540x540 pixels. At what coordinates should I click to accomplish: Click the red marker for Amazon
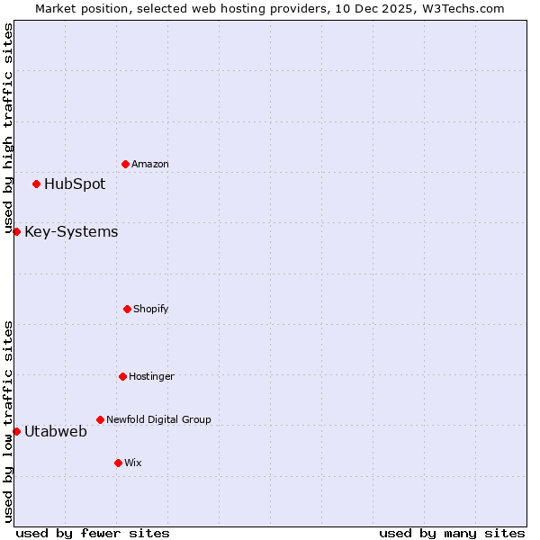(125, 164)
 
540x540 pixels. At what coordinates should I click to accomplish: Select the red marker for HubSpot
(36, 184)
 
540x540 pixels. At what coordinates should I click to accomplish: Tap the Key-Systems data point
(16, 231)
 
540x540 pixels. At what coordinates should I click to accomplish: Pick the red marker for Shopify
(127, 309)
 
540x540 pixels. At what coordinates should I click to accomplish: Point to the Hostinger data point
(122, 376)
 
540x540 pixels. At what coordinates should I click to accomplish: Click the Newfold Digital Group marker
(100, 419)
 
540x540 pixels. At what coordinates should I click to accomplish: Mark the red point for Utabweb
(16, 431)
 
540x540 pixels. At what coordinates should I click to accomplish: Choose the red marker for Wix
(118, 463)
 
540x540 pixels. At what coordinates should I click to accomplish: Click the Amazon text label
(150, 164)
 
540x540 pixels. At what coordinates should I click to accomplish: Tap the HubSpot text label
(75, 184)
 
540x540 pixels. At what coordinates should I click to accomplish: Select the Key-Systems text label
(71, 232)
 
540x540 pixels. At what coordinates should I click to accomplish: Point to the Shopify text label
(151, 309)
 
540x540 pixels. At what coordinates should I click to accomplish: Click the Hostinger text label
(151, 376)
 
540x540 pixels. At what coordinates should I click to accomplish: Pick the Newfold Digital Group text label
(158, 419)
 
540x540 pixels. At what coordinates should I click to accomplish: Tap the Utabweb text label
(56, 432)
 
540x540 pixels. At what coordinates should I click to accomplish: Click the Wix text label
(133, 463)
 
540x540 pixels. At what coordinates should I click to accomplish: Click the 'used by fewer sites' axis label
(93, 533)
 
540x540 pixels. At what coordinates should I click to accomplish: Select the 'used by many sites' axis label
(452, 533)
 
